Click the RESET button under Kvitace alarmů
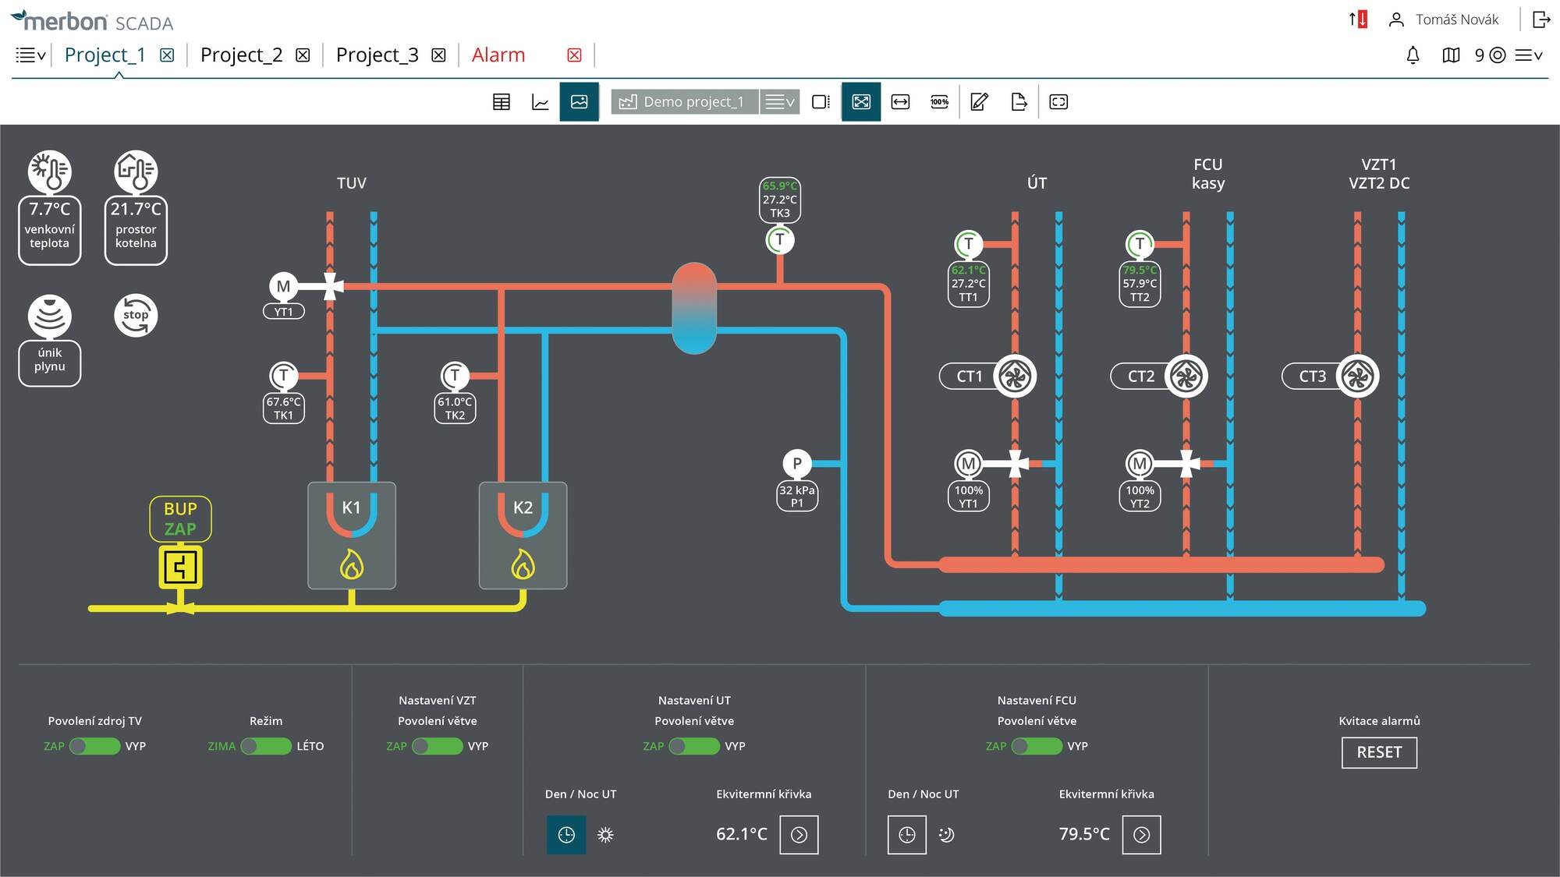1379,752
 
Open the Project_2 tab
241,55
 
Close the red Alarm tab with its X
574,55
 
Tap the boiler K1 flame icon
352,564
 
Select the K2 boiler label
523,507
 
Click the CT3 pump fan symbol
1357,377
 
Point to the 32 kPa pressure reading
796,490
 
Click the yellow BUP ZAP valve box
180,567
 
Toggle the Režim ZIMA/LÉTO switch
266,746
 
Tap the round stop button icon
136,316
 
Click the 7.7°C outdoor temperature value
50,209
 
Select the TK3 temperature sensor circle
779,240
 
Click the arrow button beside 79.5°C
1141,835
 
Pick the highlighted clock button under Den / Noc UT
566,835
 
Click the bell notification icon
1413,55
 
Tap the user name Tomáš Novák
1457,19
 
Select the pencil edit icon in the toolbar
979,101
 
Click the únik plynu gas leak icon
50,316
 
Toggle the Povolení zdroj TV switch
94,746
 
